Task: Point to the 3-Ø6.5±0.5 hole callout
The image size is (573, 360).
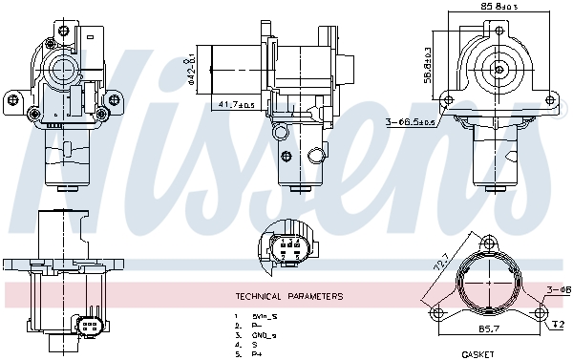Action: [410, 121]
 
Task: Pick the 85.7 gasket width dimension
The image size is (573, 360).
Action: [490, 328]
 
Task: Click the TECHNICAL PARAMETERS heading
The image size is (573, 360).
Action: [288, 296]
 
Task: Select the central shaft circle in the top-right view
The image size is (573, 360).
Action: [499, 69]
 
